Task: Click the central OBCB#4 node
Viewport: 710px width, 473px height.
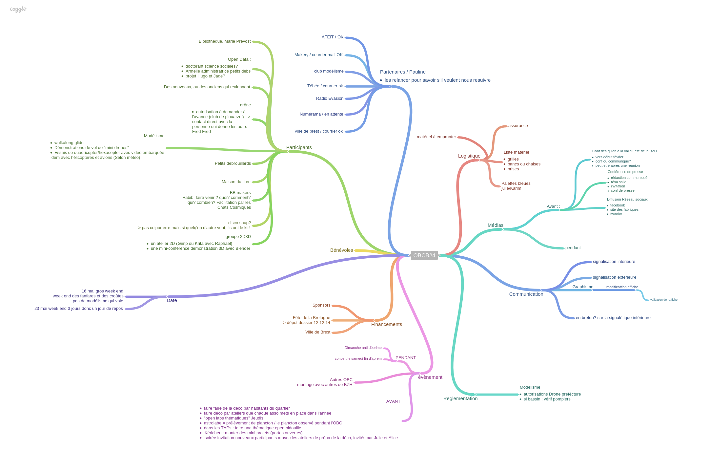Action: (424, 255)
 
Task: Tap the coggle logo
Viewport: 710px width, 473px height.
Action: (18, 9)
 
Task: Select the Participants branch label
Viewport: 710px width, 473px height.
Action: (299, 147)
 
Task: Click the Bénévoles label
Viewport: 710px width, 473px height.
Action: (341, 250)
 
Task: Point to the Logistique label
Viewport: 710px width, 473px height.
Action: (469, 156)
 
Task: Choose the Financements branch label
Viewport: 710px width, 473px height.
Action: (386, 324)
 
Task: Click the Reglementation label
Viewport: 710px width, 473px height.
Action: (460, 398)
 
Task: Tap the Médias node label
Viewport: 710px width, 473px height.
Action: (495, 225)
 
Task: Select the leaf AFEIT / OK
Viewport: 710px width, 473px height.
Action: (332, 37)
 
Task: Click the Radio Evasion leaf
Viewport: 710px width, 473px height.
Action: (330, 98)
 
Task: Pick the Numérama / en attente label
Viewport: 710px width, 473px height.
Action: (321, 114)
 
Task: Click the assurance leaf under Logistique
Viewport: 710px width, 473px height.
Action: (518, 126)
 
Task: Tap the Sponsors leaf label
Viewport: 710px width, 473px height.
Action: (321, 305)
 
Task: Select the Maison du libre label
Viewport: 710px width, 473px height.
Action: (236, 182)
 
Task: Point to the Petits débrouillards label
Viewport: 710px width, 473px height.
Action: (233, 163)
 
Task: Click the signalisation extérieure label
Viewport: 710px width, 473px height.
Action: (614, 277)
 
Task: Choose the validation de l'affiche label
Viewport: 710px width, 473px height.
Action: (663, 300)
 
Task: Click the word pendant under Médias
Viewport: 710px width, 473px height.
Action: (573, 248)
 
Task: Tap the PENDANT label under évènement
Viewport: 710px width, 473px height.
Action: (405, 358)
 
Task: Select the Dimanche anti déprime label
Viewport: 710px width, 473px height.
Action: (363, 348)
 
